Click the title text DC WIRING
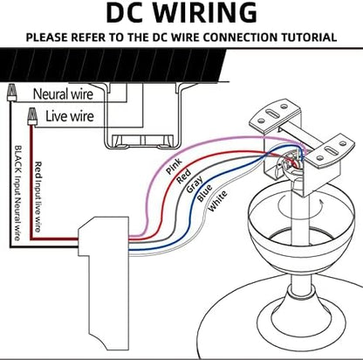(x=181, y=13)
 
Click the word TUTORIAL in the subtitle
(x=303, y=38)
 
